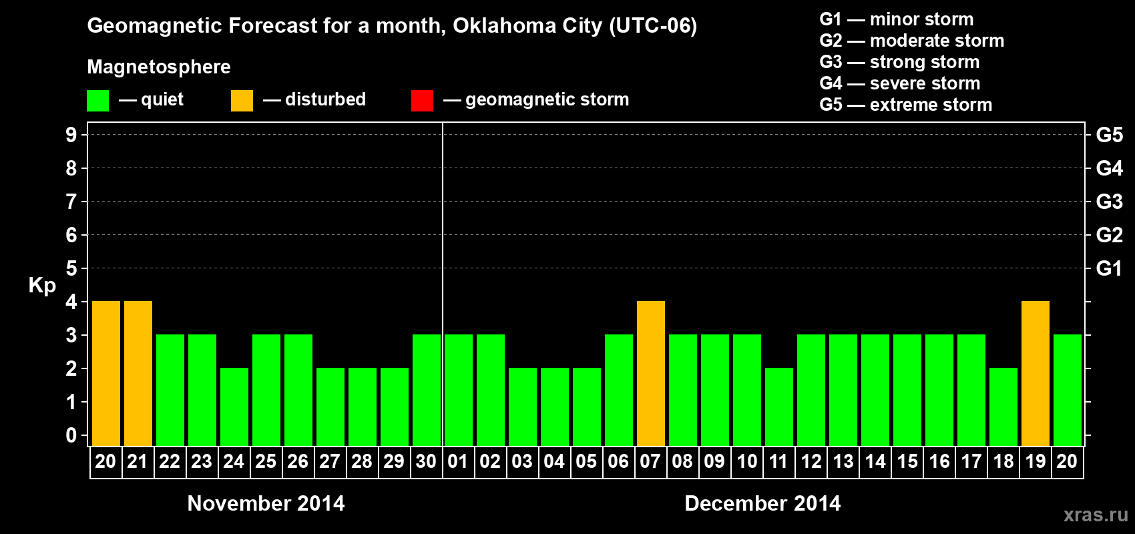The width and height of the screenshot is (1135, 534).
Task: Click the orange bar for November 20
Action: (106, 373)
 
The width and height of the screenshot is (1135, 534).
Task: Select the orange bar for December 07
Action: (651, 373)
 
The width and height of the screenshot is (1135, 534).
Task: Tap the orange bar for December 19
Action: (1036, 373)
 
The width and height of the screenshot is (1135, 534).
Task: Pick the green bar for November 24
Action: (234, 407)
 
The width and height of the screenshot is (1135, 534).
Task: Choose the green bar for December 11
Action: (779, 407)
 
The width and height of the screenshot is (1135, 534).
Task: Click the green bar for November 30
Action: (427, 390)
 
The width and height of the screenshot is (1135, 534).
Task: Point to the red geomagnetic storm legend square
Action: (422, 101)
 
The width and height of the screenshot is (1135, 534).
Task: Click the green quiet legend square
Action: (98, 101)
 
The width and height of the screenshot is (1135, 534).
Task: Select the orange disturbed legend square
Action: (242, 101)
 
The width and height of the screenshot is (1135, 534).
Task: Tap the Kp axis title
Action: (42, 285)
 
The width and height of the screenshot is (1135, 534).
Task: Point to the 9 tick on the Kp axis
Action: (71, 135)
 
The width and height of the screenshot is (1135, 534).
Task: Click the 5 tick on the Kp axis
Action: (71, 268)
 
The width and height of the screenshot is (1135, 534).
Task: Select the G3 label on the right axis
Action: (1109, 202)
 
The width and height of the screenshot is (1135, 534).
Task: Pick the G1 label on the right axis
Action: (1109, 268)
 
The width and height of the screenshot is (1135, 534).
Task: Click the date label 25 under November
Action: (266, 461)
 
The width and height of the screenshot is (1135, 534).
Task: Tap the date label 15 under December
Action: (907, 461)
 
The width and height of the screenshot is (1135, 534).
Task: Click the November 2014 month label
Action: (266, 503)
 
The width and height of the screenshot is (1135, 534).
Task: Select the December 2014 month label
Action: (762, 503)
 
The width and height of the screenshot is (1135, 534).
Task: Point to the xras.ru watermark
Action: (1096, 515)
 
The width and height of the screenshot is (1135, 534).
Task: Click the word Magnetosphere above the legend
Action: (159, 67)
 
